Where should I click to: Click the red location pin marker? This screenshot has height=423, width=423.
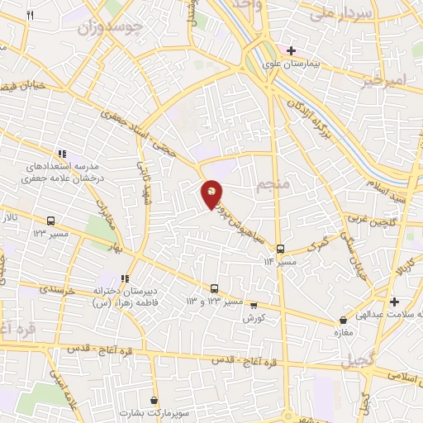(212, 193)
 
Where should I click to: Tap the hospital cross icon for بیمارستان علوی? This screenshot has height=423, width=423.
(291, 50)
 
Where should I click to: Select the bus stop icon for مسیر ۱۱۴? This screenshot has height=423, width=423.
(280, 248)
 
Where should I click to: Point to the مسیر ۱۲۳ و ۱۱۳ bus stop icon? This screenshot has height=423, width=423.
(215, 288)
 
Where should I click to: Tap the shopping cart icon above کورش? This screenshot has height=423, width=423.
(254, 304)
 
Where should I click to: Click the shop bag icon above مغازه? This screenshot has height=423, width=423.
(343, 320)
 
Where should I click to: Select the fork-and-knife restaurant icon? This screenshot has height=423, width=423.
(30, 16)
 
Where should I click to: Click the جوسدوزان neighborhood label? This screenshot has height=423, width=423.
(110, 27)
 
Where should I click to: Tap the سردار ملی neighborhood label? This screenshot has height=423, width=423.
(332, 14)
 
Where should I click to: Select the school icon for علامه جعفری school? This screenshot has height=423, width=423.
(61, 153)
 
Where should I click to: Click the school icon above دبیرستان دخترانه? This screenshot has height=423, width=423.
(125, 279)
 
